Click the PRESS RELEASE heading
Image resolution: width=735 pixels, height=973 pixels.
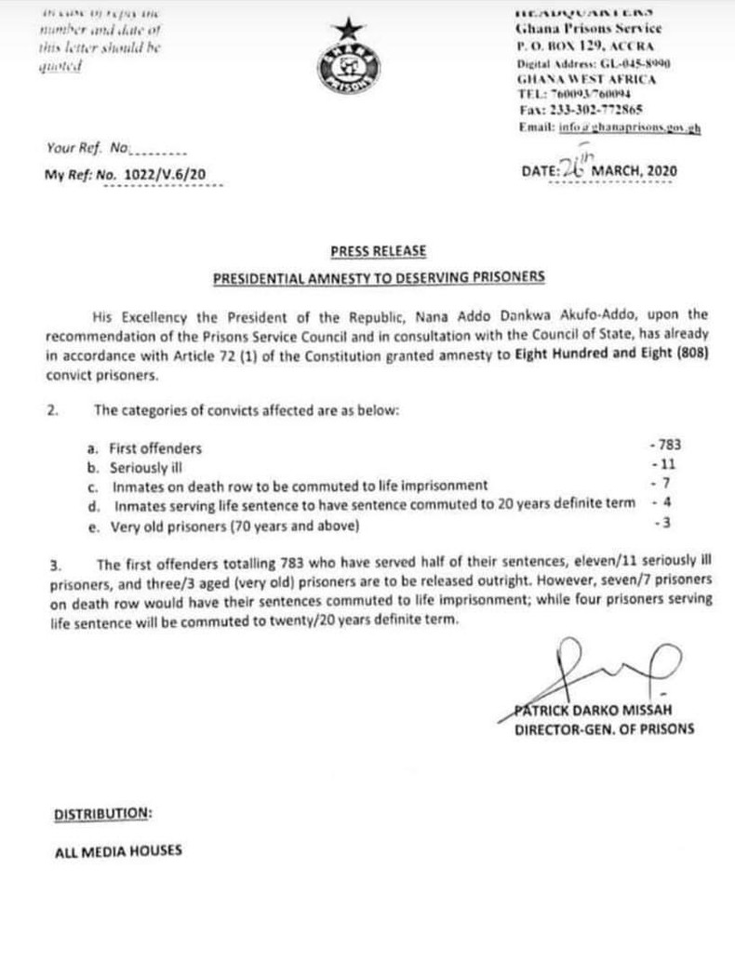click(378, 251)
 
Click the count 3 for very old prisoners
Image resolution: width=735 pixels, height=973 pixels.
click(661, 524)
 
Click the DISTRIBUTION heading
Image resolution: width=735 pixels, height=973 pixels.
click(102, 813)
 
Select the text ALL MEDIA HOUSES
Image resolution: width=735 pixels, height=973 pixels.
click(118, 850)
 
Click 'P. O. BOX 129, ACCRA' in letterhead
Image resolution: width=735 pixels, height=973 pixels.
click(586, 46)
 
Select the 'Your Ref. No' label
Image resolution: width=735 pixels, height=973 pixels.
click(87, 147)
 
